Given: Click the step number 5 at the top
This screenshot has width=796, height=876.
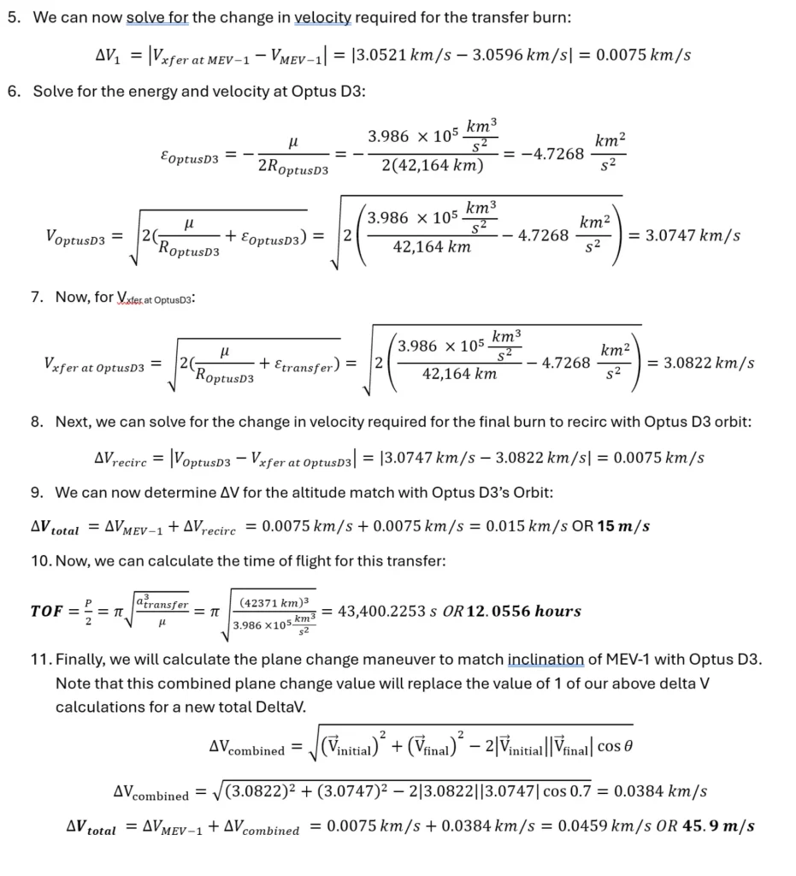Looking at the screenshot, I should pyautogui.click(x=13, y=18).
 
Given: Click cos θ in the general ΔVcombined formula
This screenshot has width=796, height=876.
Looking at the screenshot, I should pyautogui.click(x=616, y=747).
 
